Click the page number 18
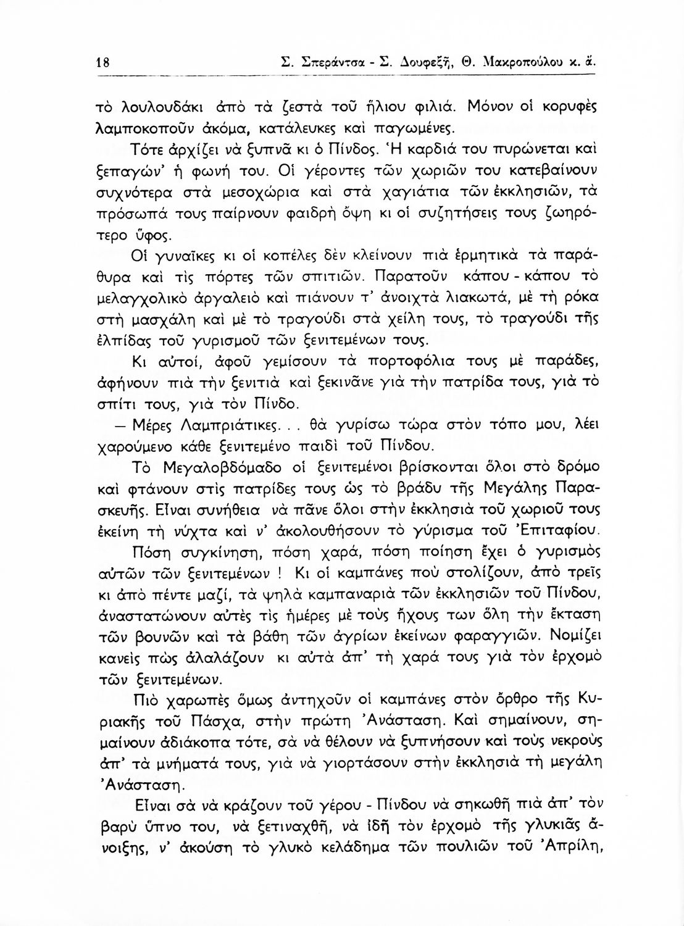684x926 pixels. click(x=102, y=62)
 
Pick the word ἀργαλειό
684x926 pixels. click(x=222, y=298)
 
